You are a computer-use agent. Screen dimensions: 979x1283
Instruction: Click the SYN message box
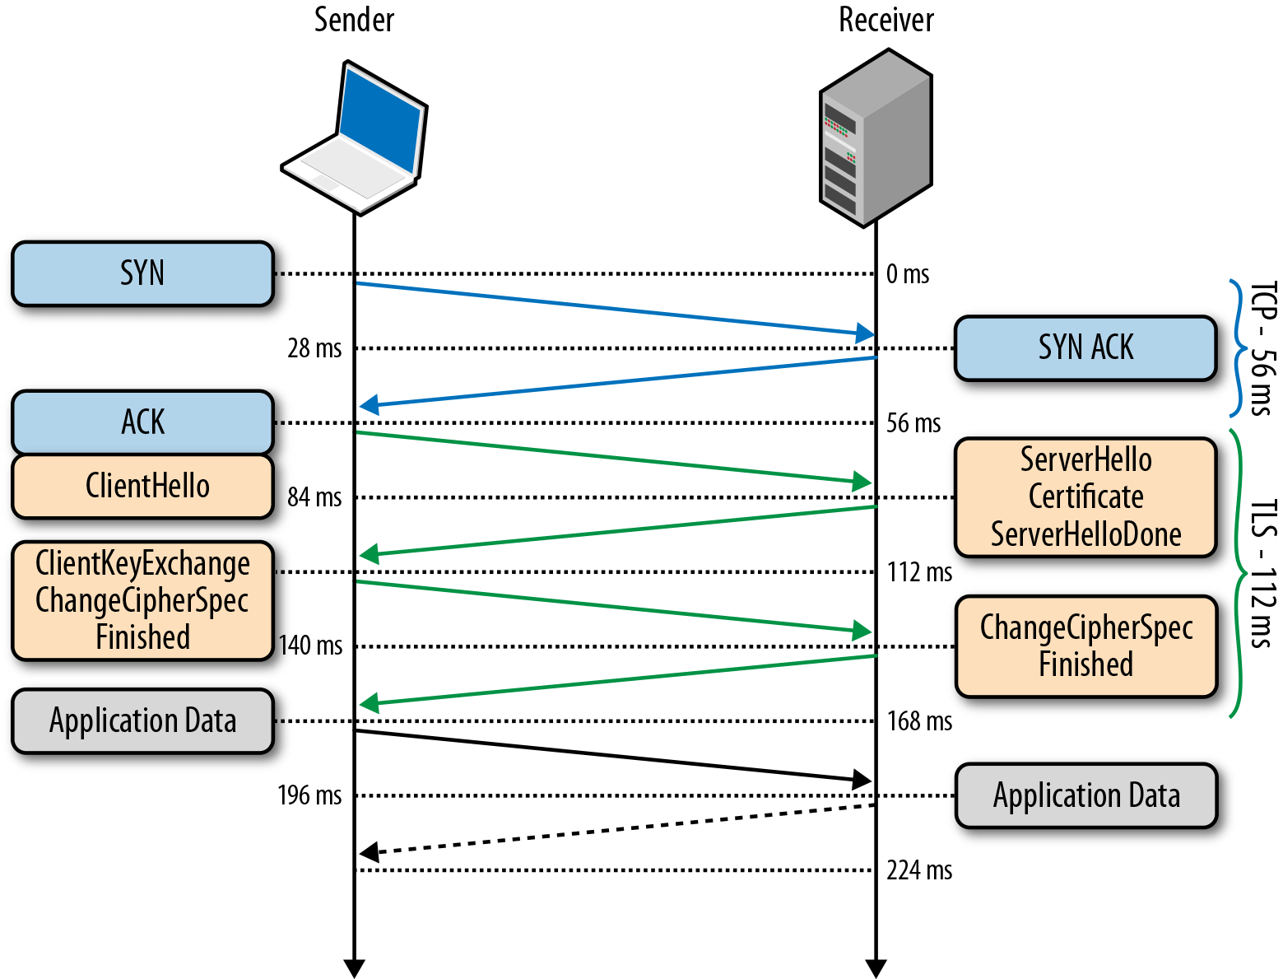point(142,273)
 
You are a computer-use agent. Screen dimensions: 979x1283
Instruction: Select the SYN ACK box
point(1085,347)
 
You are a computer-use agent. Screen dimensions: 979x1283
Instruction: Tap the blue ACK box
point(142,422)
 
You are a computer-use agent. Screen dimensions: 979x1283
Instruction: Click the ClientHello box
point(142,486)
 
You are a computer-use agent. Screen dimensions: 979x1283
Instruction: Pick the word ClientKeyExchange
point(142,564)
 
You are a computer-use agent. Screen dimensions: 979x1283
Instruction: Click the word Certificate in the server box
point(1085,496)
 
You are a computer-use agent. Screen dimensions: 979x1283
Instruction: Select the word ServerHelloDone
point(1085,534)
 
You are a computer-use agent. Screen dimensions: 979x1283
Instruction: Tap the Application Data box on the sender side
point(142,721)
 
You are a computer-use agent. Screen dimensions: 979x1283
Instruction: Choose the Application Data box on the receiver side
point(1085,795)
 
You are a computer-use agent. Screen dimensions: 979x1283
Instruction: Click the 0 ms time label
point(907,274)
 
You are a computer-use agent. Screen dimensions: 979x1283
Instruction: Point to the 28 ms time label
point(314,348)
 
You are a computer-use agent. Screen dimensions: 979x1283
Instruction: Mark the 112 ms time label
point(918,572)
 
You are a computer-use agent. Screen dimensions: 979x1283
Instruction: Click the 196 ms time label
point(309,795)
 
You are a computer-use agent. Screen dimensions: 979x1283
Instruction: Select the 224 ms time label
point(918,870)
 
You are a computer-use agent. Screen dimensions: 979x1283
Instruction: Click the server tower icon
point(876,138)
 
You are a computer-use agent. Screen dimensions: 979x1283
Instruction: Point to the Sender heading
point(354,20)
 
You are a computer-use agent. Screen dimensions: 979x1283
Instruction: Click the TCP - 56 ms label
point(1262,348)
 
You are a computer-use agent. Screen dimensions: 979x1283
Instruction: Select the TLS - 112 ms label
point(1262,573)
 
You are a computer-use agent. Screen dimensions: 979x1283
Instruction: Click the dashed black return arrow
point(617,829)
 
